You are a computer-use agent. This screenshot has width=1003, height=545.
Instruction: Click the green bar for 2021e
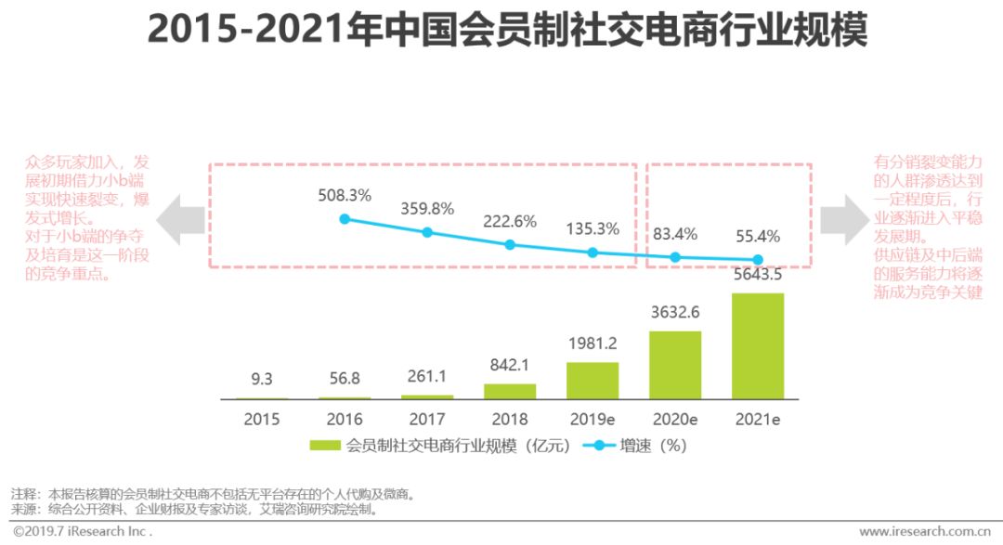(x=758, y=345)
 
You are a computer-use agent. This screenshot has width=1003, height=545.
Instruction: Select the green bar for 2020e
(x=675, y=365)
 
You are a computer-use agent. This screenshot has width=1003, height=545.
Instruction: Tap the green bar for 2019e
(x=593, y=381)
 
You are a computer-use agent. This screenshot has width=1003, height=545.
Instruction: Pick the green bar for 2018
(x=510, y=391)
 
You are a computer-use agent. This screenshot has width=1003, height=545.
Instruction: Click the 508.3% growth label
(x=345, y=196)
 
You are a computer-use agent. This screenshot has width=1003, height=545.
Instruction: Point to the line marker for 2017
(x=427, y=232)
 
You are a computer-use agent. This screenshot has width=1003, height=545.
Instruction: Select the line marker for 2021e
(x=758, y=260)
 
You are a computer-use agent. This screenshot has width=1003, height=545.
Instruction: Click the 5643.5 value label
(x=758, y=275)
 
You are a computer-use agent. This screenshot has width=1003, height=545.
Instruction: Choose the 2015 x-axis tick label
(x=262, y=419)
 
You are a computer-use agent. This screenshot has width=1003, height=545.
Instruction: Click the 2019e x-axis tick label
(x=593, y=419)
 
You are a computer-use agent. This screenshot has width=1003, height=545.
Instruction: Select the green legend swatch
(x=325, y=446)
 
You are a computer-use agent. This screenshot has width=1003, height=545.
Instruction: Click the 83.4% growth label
(x=675, y=233)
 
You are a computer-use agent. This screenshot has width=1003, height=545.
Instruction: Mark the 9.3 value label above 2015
(x=262, y=378)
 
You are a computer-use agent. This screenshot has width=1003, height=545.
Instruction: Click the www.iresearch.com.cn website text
(x=924, y=532)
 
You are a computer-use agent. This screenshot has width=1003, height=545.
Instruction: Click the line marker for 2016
(x=345, y=219)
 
